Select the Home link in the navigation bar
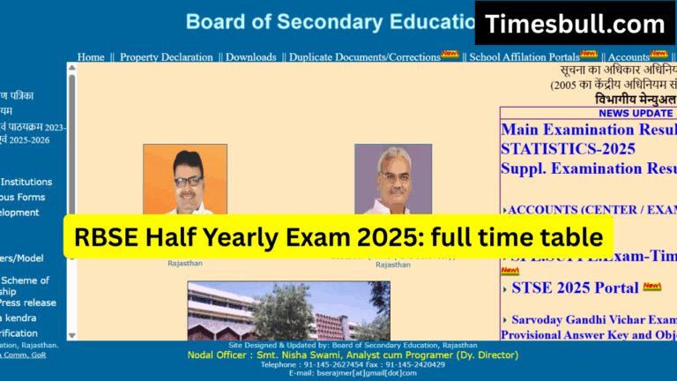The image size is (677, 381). click(x=91, y=57)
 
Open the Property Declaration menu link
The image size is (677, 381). click(x=167, y=57)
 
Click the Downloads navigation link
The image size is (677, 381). click(x=250, y=57)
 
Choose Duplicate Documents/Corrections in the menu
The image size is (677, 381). click(x=364, y=57)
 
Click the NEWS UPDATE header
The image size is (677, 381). click(x=635, y=113)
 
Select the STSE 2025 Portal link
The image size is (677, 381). click(x=575, y=288)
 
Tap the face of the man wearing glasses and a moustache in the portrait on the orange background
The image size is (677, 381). click(x=187, y=180)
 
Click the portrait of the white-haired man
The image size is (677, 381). click(x=393, y=180)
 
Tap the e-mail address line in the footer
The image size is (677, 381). click(x=353, y=373)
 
